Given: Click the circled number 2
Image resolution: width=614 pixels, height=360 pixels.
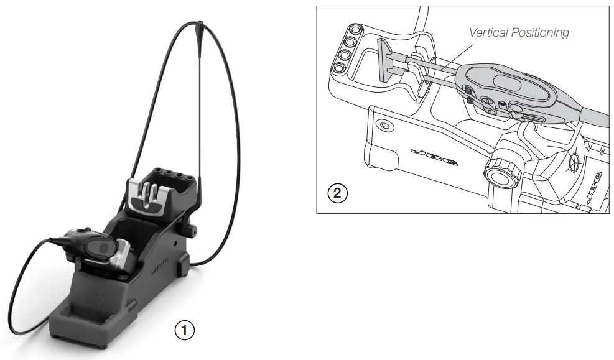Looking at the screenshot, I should [x=337, y=193].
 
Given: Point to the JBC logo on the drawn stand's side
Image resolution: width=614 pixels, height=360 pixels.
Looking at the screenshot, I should [x=435, y=156].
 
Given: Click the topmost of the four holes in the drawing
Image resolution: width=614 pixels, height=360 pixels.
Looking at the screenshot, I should [x=356, y=30].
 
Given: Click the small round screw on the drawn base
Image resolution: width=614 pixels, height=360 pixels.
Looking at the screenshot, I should [x=384, y=126].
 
